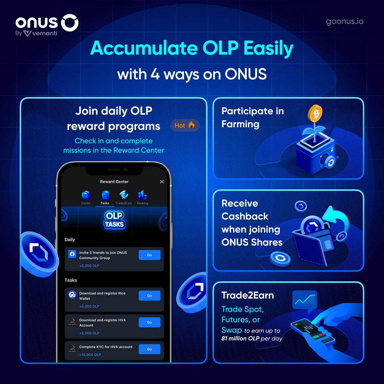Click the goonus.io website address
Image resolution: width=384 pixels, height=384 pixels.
(x=345, y=21)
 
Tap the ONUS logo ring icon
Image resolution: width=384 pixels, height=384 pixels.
(x=70, y=22)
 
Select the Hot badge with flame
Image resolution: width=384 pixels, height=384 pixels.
(x=185, y=125)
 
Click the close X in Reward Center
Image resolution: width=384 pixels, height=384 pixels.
(x=162, y=182)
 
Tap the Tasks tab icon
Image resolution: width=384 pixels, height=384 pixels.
(x=105, y=195)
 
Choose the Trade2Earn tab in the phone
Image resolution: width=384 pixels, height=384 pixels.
(x=124, y=197)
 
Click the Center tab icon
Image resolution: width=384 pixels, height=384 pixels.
(x=86, y=195)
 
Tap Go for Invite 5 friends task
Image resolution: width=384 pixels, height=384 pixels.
(x=149, y=255)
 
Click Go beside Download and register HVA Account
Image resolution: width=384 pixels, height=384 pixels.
(x=149, y=323)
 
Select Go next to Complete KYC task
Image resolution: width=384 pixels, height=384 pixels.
(x=149, y=349)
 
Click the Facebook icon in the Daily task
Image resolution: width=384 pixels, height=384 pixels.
(x=72, y=254)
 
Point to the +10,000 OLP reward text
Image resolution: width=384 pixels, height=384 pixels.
(x=90, y=355)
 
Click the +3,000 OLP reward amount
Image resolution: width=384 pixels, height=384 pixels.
(x=89, y=266)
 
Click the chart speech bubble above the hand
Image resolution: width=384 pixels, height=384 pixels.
(x=304, y=300)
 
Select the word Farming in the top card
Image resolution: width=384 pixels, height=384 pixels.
(x=240, y=124)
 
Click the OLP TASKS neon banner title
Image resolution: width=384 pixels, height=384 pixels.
(x=114, y=220)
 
